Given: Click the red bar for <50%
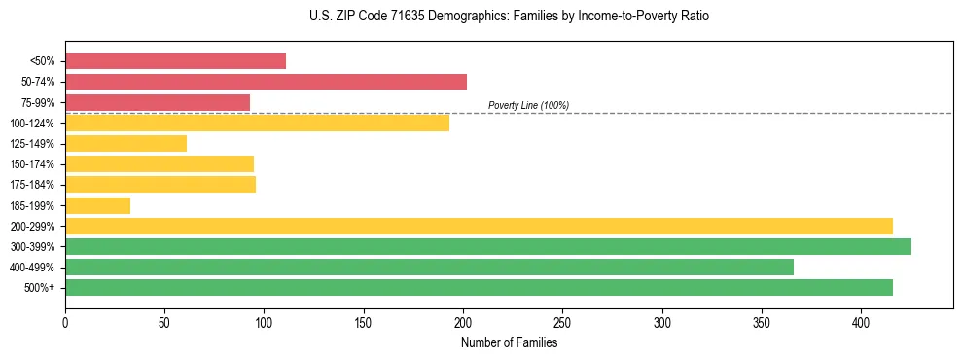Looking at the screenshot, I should coord(175,61).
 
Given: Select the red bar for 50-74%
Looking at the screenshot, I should coord(266,82).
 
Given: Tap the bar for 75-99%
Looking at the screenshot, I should coord(158,102).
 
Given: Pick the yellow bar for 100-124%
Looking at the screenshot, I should coord(257,123).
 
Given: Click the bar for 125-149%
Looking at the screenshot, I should coord(125,143).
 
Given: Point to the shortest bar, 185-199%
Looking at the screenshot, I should coord(97,205).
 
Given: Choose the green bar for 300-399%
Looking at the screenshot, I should coord(488,246).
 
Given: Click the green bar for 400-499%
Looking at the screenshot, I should coord(429,267).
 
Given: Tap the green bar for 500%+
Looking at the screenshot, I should coord(479,287).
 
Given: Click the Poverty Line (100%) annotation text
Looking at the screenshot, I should coord(528,105).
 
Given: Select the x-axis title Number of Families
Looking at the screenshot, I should coord(509,342).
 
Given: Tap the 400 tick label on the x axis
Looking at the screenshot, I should coord(861,321).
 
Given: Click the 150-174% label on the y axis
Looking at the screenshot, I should coord(32,164).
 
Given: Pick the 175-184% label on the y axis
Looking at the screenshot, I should coord(32,185).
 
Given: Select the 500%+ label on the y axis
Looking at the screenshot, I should coord(39,288).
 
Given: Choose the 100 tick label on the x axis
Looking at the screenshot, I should coord(264,321).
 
